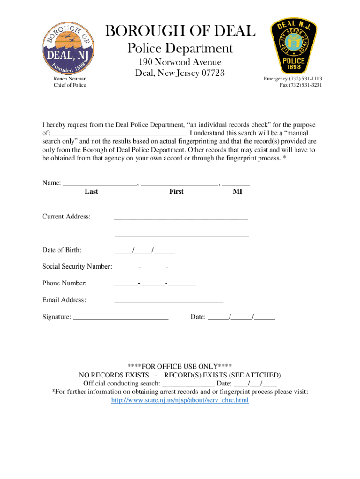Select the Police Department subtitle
(x=180, y=49)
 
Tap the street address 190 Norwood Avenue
(x=180, y=62)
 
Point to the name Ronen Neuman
(x=70, y=79)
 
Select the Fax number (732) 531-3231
(x=307, y=85)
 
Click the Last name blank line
(x=100, y=184)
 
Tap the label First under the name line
(x=176, y=191)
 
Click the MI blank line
(x=236, y=184)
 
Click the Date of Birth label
(x=62, y=250)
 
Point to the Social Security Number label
(x=77, y=266)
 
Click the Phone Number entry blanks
(x=155, y=283)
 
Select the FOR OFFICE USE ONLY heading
(x=180, y=366)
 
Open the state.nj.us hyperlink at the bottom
(x=180, y=400)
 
